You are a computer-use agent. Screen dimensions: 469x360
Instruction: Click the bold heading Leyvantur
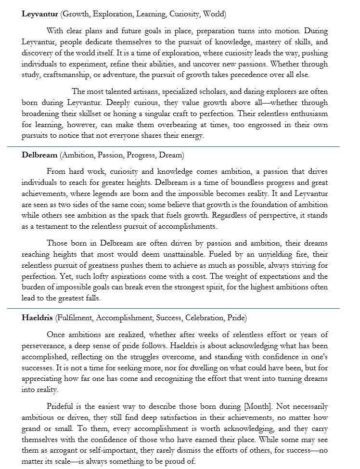(40, 13)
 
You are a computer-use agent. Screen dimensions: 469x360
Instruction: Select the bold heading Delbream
(39, 155)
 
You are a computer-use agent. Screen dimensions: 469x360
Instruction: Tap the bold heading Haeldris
(37, 318)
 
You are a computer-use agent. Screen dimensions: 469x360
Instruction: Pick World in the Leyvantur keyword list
(214, 13)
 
